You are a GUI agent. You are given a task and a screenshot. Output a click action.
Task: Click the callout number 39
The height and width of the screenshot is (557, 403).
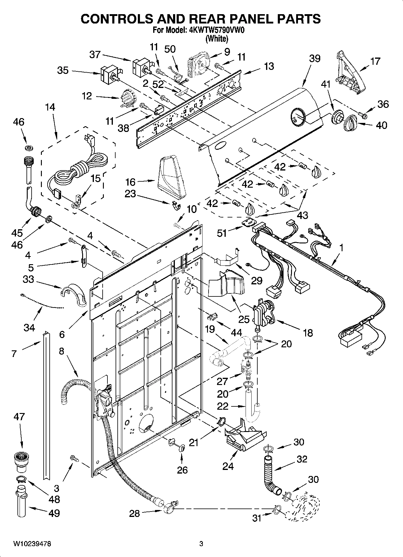(315, 58)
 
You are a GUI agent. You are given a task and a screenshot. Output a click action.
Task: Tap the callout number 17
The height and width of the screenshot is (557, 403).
(375, 61)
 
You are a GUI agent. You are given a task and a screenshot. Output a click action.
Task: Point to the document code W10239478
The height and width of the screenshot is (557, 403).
(32, 544)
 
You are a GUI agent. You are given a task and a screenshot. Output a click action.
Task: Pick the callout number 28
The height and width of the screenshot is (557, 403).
(134, 513)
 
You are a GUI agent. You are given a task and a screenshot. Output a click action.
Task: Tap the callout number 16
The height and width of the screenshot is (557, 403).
(130, 182)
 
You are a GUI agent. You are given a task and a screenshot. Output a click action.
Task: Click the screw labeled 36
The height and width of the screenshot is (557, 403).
(362, 114)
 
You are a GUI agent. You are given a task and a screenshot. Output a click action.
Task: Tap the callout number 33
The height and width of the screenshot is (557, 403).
(28, 279)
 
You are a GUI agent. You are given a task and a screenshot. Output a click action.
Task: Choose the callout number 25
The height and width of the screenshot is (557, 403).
(244, 319)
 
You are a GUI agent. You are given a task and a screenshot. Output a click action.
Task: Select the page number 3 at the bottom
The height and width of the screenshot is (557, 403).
(201, 544)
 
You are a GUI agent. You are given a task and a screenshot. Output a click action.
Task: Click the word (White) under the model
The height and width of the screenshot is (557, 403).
(216, 39)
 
